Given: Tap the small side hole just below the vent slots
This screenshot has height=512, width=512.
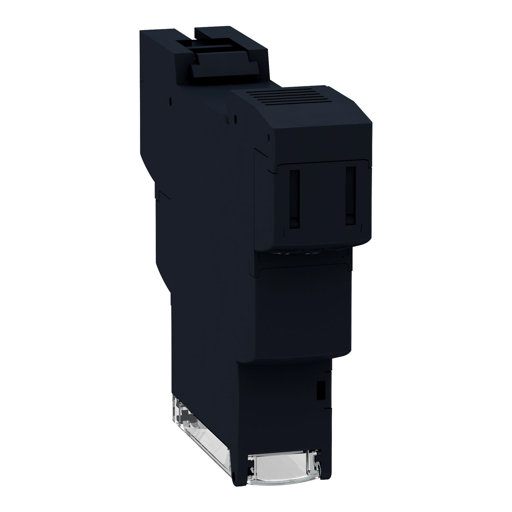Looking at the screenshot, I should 236,118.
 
